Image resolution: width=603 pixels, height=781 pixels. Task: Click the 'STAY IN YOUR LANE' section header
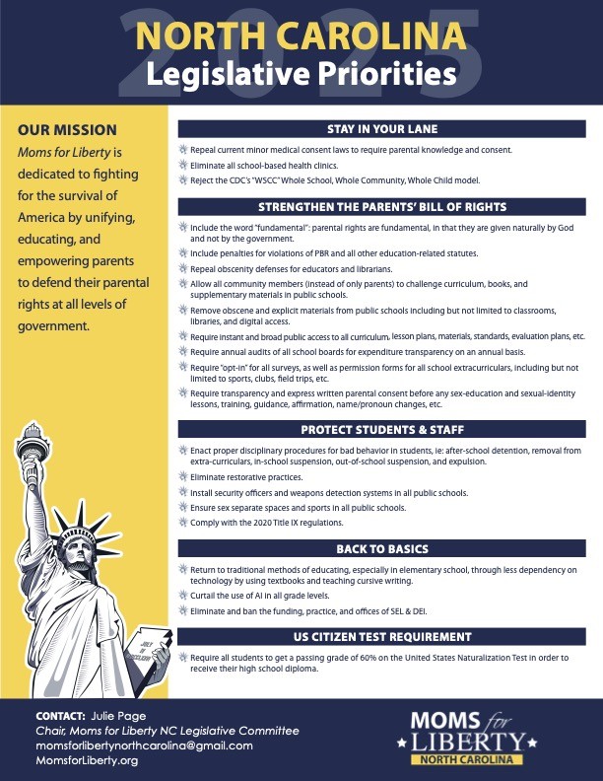tap(382, 129)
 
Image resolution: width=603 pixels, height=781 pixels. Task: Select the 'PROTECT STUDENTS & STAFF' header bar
tap(382, 430)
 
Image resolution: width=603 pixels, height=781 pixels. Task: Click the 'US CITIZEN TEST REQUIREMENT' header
tap(382, 636)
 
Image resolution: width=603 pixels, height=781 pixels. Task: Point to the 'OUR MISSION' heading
tap(67, 130)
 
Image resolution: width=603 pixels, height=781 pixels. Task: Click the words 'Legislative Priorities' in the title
tap(301, 73)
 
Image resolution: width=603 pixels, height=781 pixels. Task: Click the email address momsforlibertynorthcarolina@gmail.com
tap(144, 745)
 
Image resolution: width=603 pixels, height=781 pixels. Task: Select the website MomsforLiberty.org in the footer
tap(87, 761)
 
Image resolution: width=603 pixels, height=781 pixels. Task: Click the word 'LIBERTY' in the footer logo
tap(482, 740)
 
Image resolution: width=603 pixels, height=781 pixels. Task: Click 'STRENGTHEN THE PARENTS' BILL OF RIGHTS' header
tap(382, 207)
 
